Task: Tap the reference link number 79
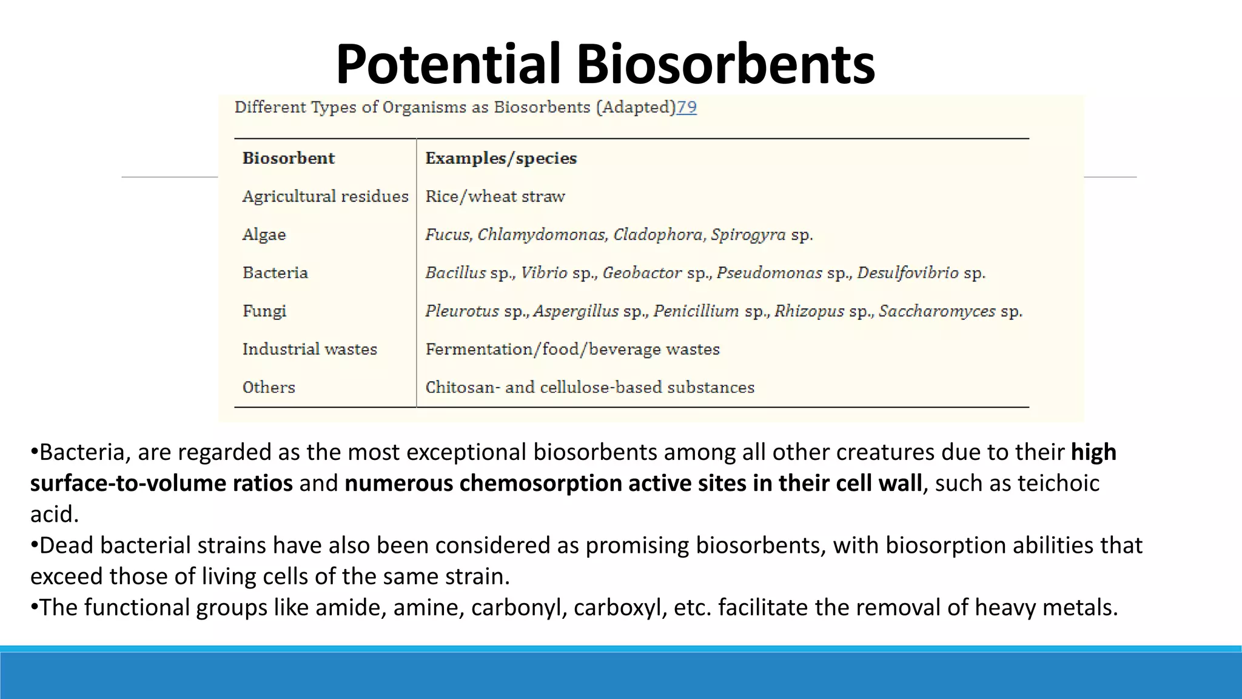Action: pos(686,107)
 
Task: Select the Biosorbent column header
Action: pos(289,158)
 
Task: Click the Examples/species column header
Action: pos(501,158)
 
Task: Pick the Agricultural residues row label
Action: pos(326,197)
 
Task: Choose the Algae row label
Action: pos(264,235)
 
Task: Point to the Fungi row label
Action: pos(264,311)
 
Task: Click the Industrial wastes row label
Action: pos(310,349)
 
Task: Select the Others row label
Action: pos(269,388)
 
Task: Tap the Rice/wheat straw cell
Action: pos(495,197)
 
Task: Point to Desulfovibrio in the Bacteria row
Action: pos(908,273)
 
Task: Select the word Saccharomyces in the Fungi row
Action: pos(937,311)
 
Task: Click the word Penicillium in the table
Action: pos(696,311)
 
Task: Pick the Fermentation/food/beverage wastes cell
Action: pos(572,349)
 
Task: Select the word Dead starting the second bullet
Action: pos(67,545)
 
